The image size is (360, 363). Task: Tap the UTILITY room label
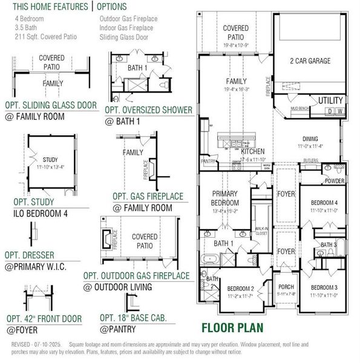click(x=330, y=100)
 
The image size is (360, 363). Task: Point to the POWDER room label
click(x=335, y=181)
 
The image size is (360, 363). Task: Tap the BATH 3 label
click(x=328, y=244)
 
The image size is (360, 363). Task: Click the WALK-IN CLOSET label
click(x=261, y=229)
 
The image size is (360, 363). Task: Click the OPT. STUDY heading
click(x=30, y=202)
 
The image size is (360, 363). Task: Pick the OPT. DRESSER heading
click(x=34, y=255)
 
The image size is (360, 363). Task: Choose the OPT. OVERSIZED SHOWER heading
click(x=148, y=110)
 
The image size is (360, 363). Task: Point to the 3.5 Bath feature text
click(x=25, y=27)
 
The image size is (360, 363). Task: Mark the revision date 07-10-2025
click(x=50, y=344)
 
